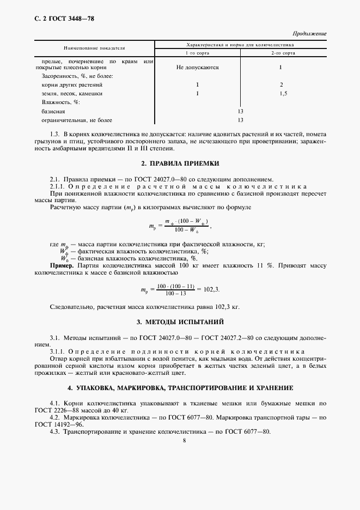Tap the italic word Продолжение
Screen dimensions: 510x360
pyautogui.click(x=309, y=34)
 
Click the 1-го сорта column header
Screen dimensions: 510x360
pyautogui.click(x=198, y=54)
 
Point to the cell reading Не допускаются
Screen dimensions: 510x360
pyautogui.click(x=198, y=68)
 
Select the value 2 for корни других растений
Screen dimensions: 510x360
pyautogui.click(x=282, y=85)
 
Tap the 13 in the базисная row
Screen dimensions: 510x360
pyautogui.click(x=240, y=111)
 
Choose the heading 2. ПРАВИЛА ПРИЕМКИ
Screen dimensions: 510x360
pyautogui.click(x=180, y=163)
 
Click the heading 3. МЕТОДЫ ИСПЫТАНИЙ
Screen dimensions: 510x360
pyautogui.click(x=180, y=323)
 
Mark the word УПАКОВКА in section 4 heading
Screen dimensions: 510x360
pyautogui.click(x=105, y=388)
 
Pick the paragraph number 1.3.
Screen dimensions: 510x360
pyautogui.click(x=54, y=134)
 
